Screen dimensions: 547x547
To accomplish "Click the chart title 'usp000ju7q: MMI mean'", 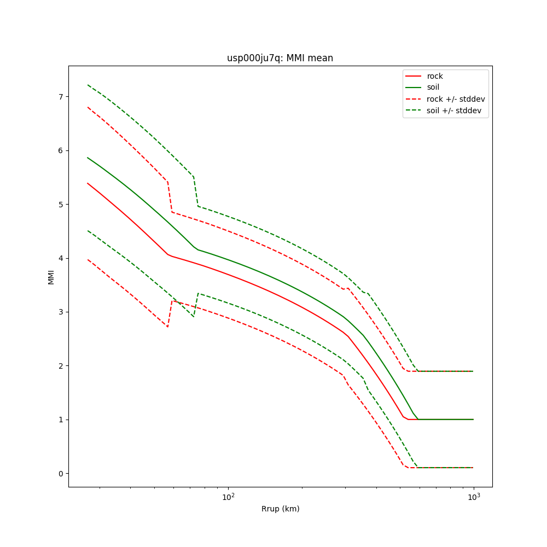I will [x=280, y=58].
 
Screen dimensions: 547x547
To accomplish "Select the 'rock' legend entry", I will [x=435, y=76].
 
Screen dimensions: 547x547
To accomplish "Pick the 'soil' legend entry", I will [x=434, y=88].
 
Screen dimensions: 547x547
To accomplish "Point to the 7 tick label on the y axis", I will [x=61, y=97].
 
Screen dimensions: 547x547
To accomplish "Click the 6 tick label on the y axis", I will [x=61, y=150].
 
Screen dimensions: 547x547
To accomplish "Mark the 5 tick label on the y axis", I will [x=61, y=205].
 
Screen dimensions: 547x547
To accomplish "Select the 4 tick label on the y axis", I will [x=61, y=258].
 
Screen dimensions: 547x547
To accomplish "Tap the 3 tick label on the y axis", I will [x=61, y=312].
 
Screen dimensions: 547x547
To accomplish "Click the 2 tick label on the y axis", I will [x=61, y=366].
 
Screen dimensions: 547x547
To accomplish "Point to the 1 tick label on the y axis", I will [x=61, y=420].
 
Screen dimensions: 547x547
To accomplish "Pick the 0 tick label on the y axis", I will [x=61, y=474].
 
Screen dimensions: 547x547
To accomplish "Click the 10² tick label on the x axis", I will [x=228, y=496].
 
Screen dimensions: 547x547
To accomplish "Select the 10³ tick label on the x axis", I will [x=474, y=496].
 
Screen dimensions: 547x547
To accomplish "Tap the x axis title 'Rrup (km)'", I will [x=280, y=509].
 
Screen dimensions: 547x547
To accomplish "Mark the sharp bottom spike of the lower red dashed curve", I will [x=167, y=327].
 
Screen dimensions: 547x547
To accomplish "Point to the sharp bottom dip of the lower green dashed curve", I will [x=193, y=316].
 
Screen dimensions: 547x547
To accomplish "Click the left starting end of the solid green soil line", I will [x=88, y=158].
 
